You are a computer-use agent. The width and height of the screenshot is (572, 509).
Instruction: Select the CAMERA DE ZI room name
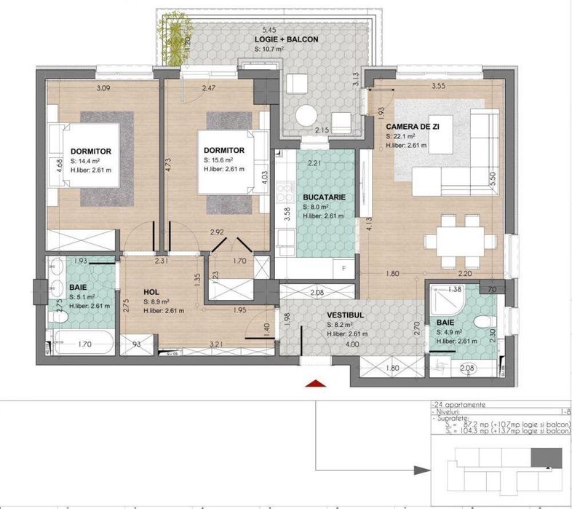click(x=413, y=125)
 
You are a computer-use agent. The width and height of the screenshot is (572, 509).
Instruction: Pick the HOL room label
click(x=151, y=292)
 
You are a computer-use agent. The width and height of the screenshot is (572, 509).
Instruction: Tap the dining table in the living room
click(x=459, y=240)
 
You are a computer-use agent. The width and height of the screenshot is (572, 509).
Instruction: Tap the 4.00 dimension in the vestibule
click(x=352, y=345)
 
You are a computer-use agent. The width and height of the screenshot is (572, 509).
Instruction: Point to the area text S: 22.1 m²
click(x=400, y=135)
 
